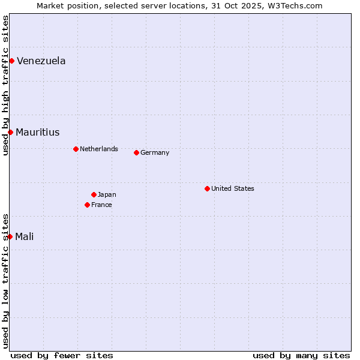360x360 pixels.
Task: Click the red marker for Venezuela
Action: pos(11,61)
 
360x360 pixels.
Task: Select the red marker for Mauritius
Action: pos(10,132)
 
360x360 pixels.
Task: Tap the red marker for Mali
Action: pos(10,236)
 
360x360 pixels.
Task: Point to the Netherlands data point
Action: pos(76,149)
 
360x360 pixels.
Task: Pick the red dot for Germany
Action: pos(136,152)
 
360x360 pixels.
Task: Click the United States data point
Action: pos(207,188)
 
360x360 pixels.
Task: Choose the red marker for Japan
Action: pos(94,194)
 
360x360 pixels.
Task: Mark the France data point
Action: pos(87,205)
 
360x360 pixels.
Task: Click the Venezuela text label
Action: pos(41,61)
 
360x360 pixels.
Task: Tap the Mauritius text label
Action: pos(37,132)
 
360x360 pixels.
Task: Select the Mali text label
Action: pos(24,236)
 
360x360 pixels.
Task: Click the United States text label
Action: pos(232,188)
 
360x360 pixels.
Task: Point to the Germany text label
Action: pos(155,152)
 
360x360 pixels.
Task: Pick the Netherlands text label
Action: pos(98,149)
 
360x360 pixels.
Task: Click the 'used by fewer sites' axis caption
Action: pos(62,355)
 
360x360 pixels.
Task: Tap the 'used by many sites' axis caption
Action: pos(301,355)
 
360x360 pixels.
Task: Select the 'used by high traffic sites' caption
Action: pos(5,85)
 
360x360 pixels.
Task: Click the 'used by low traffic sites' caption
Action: pos(5,281)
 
